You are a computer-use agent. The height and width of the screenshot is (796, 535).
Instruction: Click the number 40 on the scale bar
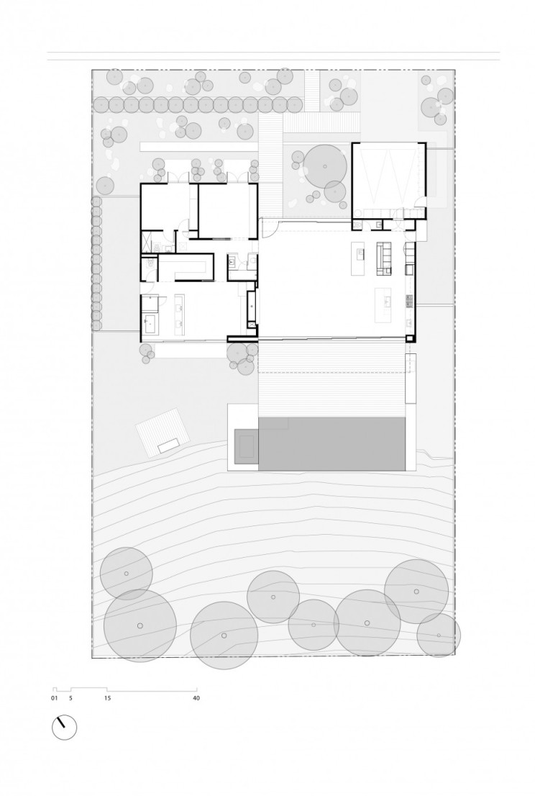coord(196,697)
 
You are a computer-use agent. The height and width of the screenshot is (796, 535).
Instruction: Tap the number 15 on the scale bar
coord(107,697)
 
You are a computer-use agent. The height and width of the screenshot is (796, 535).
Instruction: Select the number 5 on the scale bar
coord(70,697)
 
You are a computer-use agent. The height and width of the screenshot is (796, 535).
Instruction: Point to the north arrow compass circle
coord(64,727)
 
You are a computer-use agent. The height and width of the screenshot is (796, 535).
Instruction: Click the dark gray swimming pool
coord(334,444)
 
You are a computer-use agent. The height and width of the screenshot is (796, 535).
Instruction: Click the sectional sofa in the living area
coord(384,258)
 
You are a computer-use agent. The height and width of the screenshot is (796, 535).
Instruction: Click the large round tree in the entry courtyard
coord(324,166)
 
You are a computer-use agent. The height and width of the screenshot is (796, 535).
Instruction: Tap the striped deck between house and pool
coord(332,378)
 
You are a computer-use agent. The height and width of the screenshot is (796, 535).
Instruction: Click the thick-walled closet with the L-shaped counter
coord(185,267)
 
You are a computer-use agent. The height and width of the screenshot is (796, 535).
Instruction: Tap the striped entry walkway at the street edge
coord(315,91)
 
